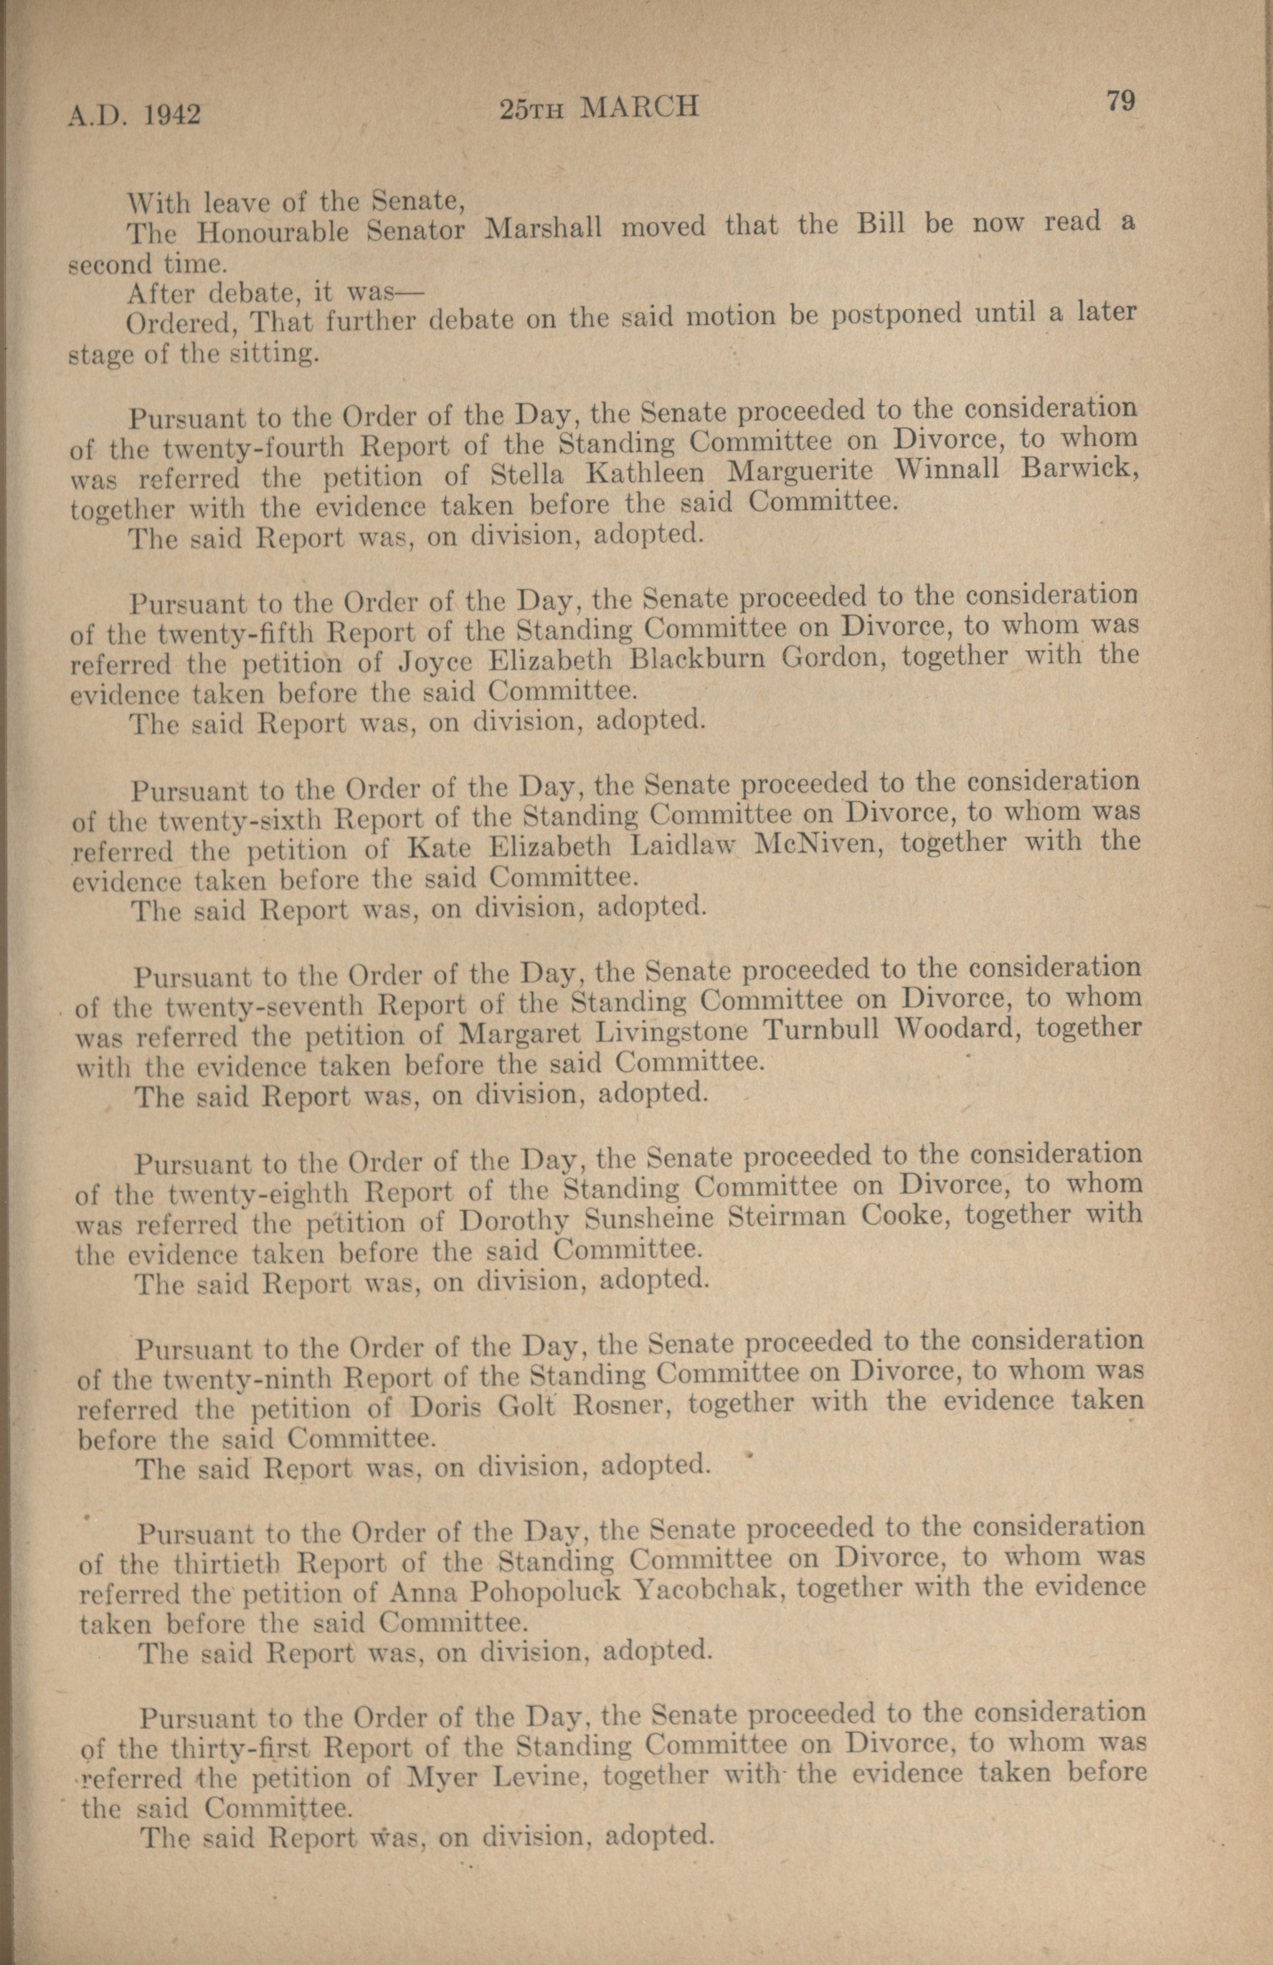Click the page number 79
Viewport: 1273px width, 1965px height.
(x=1120, y=102)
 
